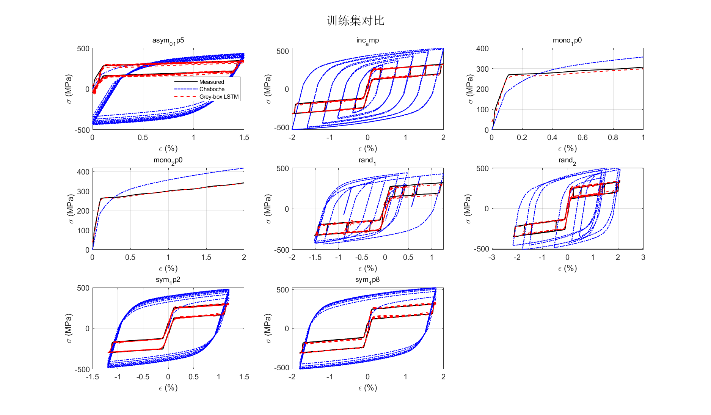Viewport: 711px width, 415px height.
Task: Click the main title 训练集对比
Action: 355,20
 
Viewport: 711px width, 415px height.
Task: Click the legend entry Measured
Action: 212,82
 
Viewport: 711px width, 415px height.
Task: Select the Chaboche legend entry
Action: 212,89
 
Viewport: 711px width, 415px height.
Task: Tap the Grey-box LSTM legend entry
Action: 219,97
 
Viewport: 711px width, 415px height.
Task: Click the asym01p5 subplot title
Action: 168,41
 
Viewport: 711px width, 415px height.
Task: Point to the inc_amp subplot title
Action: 367,41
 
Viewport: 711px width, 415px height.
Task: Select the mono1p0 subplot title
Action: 567,41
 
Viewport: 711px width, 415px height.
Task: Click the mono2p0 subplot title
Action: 168,160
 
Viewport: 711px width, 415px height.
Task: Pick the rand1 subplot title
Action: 367,160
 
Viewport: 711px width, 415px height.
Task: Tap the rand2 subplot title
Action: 567,160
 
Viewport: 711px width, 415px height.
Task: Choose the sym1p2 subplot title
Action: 168,280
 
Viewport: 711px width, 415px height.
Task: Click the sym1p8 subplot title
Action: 367,280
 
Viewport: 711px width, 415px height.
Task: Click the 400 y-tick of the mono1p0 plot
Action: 482,49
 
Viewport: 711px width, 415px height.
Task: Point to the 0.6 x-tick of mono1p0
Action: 582,137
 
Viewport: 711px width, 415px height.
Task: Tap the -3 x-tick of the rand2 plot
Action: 491,257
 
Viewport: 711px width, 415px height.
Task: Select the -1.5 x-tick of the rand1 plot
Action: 315,257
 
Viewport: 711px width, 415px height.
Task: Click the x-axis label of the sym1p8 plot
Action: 367,388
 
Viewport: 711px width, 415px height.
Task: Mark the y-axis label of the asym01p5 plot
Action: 68,89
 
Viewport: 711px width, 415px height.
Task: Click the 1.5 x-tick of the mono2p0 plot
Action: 206,257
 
